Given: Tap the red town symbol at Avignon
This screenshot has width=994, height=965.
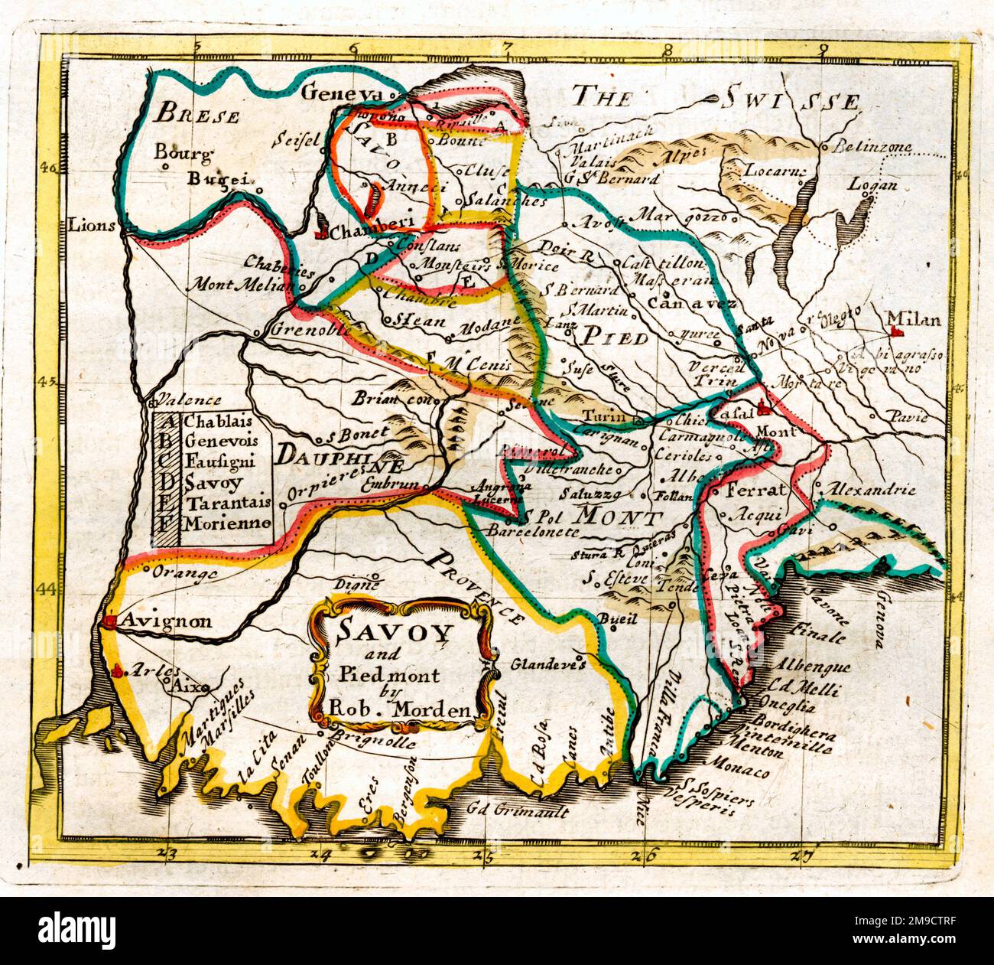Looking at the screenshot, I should [x=111, y=621].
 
